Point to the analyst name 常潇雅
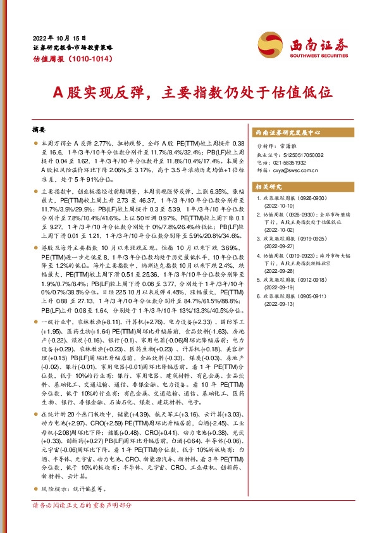click(288, 146)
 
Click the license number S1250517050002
click(300, 154)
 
